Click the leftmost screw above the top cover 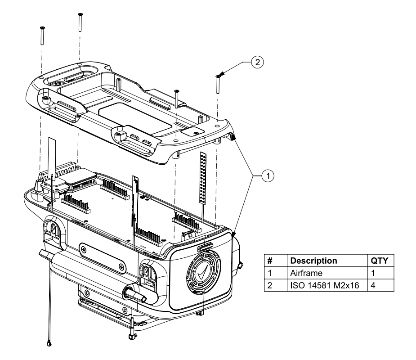[x=41, y=35]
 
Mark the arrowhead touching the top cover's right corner [x=234, y=138]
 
